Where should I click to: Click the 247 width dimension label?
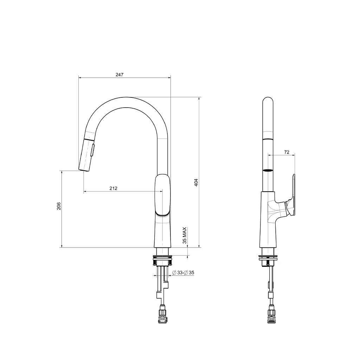[120, 75]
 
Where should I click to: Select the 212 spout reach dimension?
[113, 188]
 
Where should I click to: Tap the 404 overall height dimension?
[197, 182]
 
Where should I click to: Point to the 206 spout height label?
[59, 206]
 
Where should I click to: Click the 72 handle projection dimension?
[287, 152]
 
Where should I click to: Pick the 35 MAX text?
[185, 236]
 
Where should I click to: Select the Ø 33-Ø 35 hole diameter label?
[184, 273]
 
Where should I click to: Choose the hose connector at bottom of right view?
[271, 315]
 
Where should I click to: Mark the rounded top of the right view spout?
[268, 101]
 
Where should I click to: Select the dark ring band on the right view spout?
[268, 171]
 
